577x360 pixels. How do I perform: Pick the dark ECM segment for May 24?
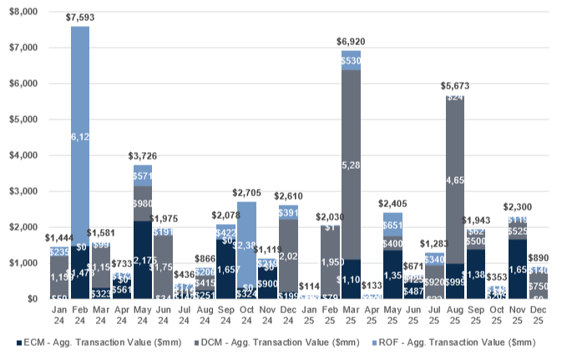point(143,260)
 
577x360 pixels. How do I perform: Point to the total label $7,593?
point(80,18)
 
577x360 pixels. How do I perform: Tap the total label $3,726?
point(143,156)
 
